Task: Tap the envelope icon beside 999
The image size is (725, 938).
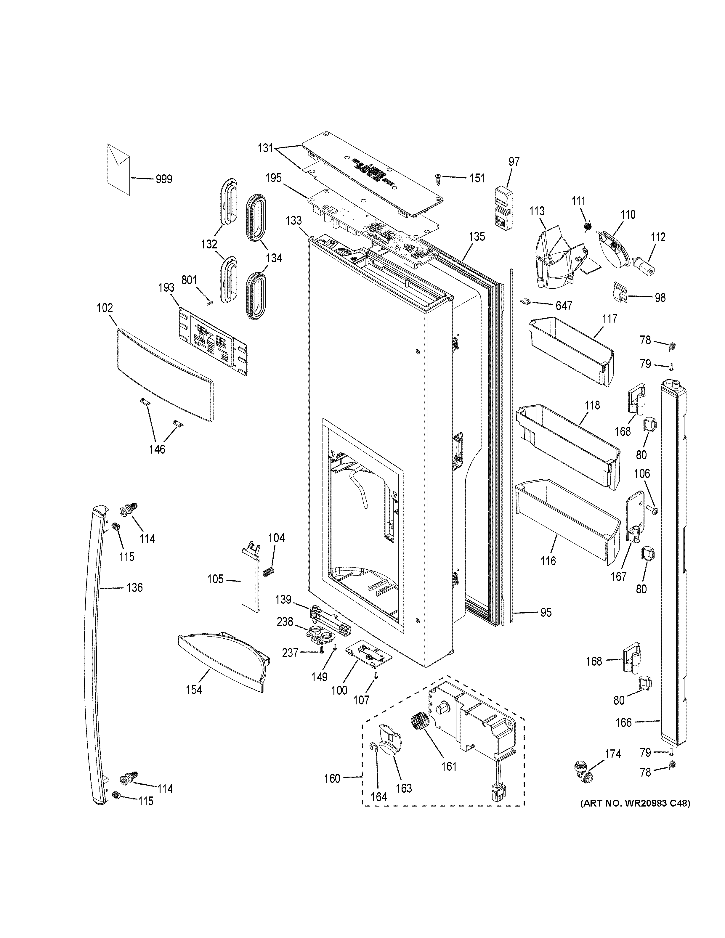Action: pyautogui.click(x=118, y=168)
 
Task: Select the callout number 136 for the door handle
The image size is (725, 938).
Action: pyautogui.click(x=134, y=587)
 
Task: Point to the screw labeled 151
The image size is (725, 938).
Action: pyautogui.click(x=439, y=178)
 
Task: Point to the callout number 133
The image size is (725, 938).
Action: pyautogui.click(x=294, y=221)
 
